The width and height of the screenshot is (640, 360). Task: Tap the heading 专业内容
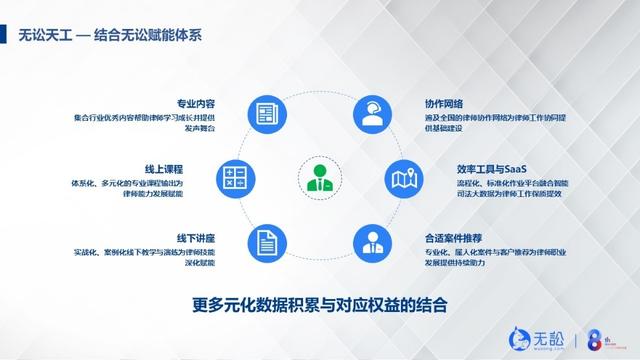tap(196, 103)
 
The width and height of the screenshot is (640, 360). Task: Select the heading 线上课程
tap(196, 170)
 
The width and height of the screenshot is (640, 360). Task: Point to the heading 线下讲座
tap(196, 237)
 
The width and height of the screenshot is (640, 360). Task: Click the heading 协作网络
tap(444, 103)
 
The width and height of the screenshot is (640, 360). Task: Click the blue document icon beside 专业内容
tap(264, 113)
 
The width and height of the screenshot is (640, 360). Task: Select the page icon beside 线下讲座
tap(264, 242)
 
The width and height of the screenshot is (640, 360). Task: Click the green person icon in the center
tap(320, 178)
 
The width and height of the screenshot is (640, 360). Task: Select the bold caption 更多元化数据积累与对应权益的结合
tap(319, 303)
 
